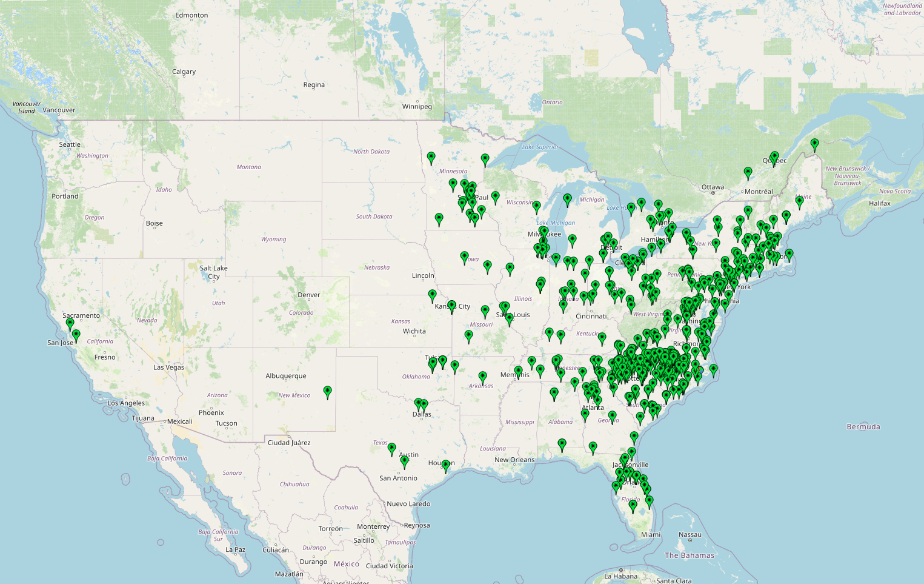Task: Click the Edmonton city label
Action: click(x=191, y=15)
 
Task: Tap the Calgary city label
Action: click(x=184, y=72)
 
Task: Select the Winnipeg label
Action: click(x=417, y=107)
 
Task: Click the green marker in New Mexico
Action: click(x=328, y=392)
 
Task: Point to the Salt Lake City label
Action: click(x=214, y=272)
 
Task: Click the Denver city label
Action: click(x=308, y=295)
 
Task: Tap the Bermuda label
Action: click(x=863, y=427)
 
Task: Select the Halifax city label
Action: click(x=879, y=203)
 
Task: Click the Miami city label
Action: click(x=651, y=534)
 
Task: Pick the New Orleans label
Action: click(x=514, y=460)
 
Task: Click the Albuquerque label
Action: click(x=286, y=376)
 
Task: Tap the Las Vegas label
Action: click(x=168, y=368)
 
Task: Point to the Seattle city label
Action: click(x=70, y=144)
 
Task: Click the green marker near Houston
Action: click(x=446, y=465)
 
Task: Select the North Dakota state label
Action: click(x=371, y=152)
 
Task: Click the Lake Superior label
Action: click(x=540, y=147)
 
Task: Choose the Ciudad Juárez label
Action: click(x=289, y=443)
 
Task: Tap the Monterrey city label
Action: click(x=373, y=526)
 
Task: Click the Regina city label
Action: click(x=314, y=85)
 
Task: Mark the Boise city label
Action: click(x=154, y=223)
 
